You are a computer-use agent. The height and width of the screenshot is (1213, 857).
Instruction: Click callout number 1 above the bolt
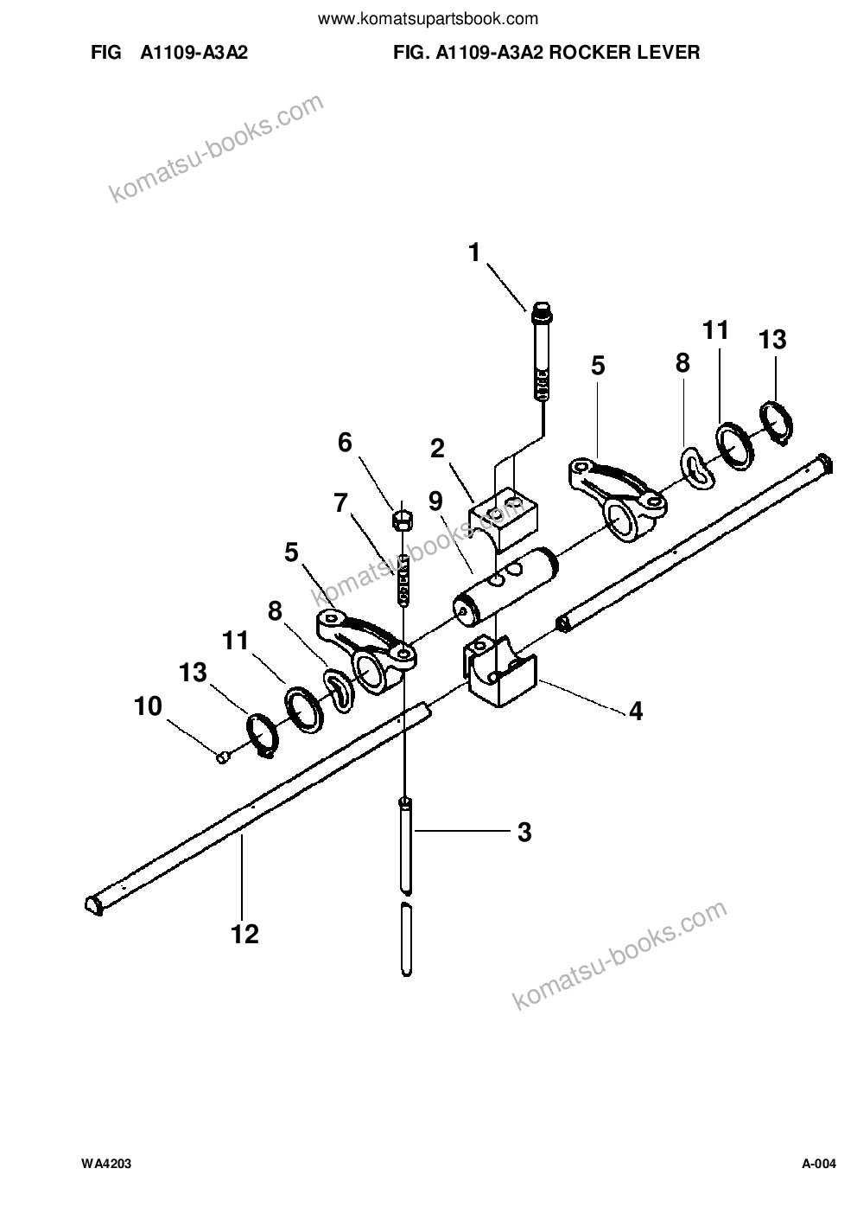(474, 252)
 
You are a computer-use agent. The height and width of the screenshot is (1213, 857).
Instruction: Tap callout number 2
(437, 449)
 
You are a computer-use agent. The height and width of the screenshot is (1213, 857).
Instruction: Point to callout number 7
(340, 503)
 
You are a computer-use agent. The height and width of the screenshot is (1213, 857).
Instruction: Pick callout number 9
(435, 501)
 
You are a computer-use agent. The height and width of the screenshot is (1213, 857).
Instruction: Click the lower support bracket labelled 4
(500, 671)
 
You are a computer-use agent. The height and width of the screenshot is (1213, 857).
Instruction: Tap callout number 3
(524, 832)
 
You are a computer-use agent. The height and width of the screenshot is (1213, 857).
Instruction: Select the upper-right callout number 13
(772, 340)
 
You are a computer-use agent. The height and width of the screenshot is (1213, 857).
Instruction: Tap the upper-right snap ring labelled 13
(777, 423)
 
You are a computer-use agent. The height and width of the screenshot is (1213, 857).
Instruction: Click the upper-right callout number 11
(715, 329)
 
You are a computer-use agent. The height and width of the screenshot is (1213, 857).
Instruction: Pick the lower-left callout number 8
(275, 611)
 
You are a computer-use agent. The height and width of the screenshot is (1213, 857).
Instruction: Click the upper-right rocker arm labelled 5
(618, 499)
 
